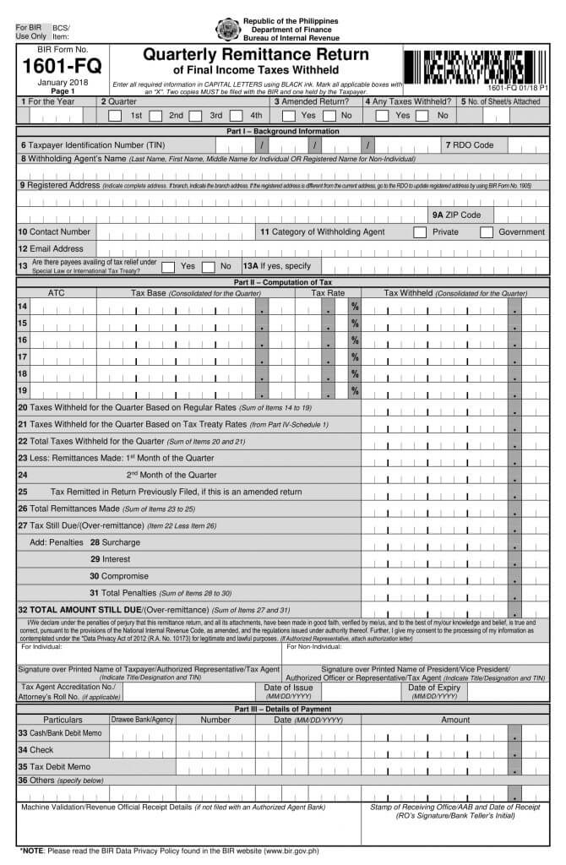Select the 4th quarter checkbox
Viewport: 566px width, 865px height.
tap(237, 116)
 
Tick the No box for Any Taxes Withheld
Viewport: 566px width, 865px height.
tap(423, 116)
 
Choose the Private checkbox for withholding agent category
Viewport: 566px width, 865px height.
tap(420, 232)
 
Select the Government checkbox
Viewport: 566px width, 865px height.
tap(487, 232)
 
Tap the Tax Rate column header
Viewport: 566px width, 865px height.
tap(329, 293)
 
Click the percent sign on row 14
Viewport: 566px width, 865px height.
tap(355, 306)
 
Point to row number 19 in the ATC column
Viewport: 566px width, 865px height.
tap(22, 390)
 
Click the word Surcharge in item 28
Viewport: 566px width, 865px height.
tap(122, 542)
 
